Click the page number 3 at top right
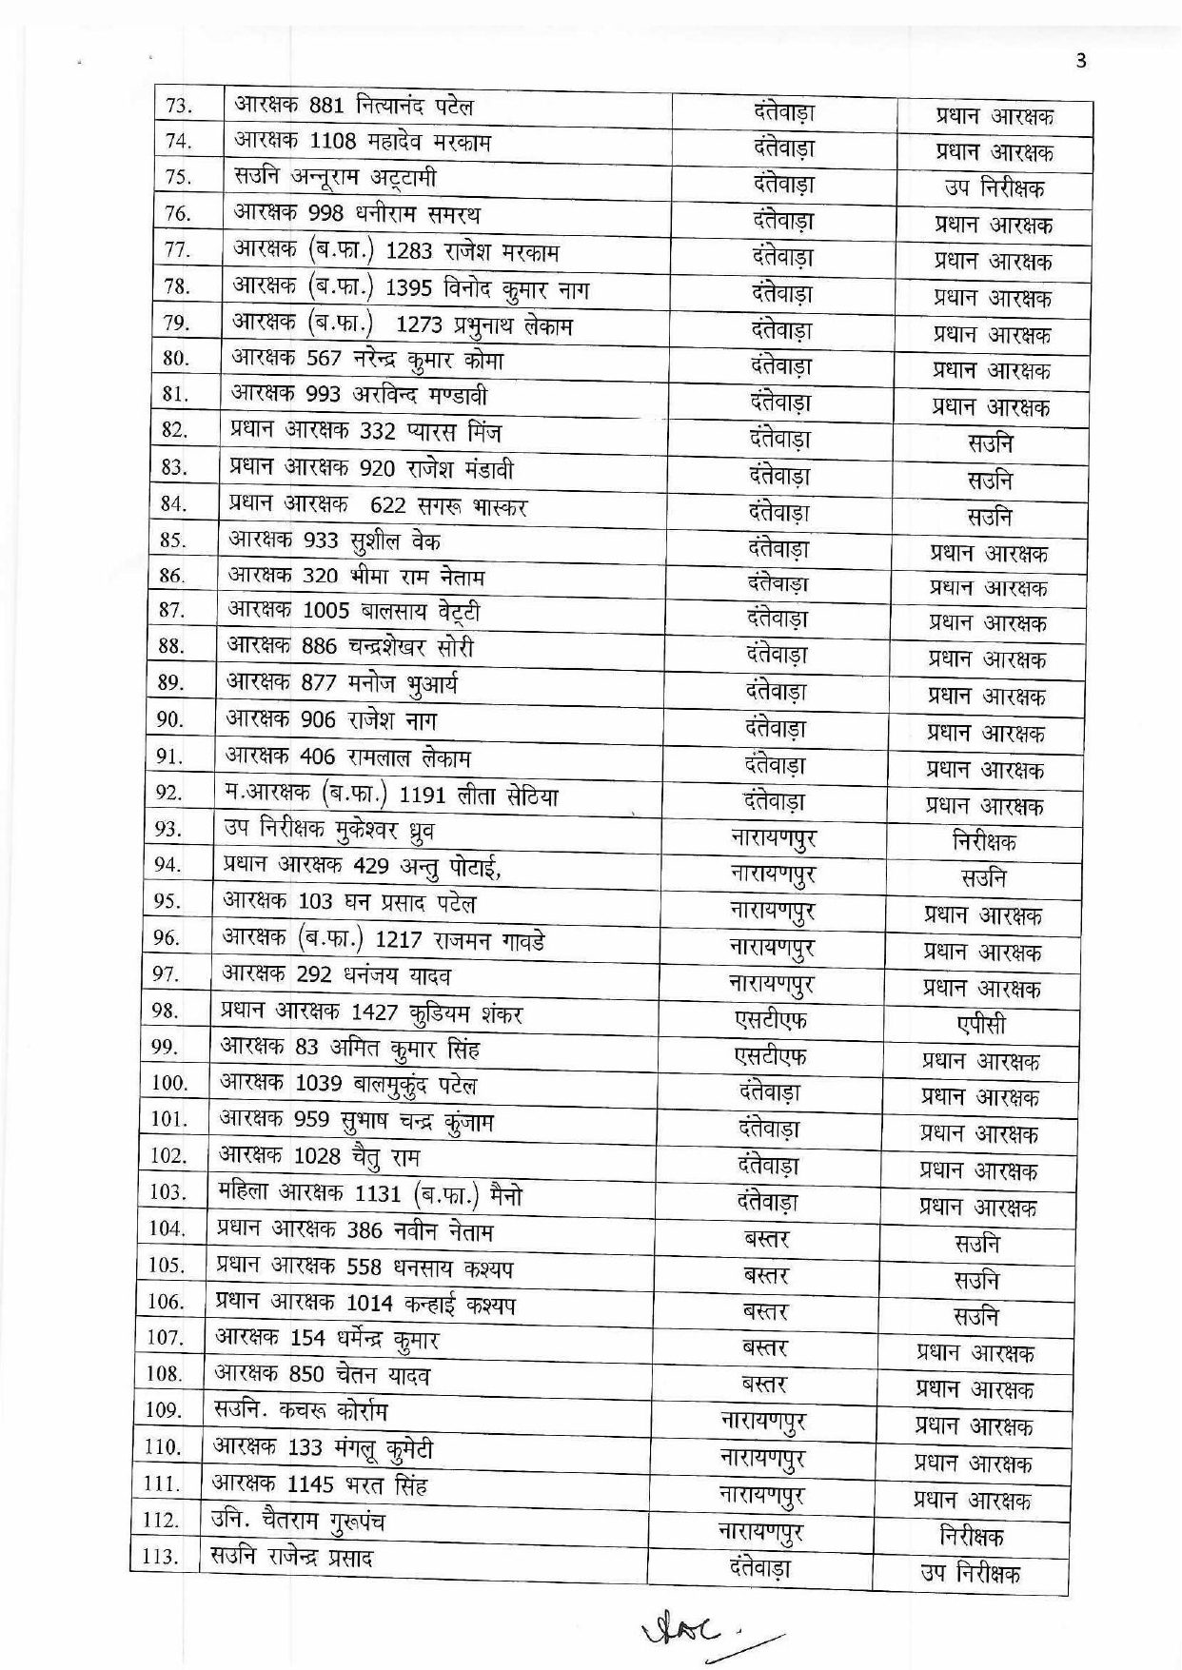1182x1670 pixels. point(1080,62)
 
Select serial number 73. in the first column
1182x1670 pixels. point(179,106)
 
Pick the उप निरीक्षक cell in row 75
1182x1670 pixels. point(995,187)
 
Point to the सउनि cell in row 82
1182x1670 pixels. point(991,443)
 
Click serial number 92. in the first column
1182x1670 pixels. point(168,793)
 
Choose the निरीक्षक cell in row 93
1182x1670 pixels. point(984,842)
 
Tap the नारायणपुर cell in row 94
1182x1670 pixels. point(772,874)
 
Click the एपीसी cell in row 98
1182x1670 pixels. point(981,1025)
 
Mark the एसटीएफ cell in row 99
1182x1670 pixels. point(770,1055)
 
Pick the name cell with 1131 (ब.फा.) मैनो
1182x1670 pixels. point(370,1193)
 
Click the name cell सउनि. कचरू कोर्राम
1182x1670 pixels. point(301,1411)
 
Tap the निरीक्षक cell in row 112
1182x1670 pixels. point(972,1537)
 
